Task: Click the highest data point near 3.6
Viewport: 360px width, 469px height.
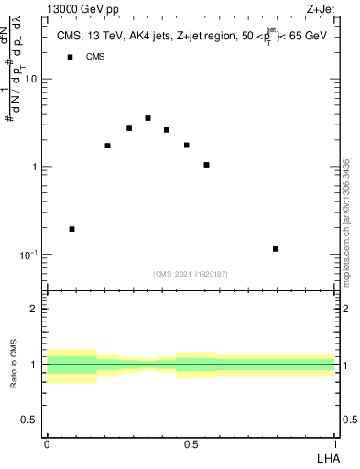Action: pos(147,118)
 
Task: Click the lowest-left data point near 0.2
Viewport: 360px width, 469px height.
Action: pos(71,229)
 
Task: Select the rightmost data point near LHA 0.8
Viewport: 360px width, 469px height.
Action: pos(276,249)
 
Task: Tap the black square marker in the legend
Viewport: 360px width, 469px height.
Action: pos(69,58)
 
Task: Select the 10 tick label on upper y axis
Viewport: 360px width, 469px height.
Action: pos(30,80)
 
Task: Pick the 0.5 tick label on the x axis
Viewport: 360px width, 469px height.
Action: pos(191,442)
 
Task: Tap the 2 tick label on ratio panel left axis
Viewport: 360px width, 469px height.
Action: pos(35,310)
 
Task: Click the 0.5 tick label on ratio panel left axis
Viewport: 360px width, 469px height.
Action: pos(30,420)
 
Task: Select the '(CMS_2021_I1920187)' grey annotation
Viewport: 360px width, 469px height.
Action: pos(191,274)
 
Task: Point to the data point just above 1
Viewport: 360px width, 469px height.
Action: pos(206,165)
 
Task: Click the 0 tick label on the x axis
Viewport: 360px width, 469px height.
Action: pos(47,442)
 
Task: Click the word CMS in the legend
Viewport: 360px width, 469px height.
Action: pos(95,58)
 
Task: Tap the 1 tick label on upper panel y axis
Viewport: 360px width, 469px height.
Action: pos(35,167)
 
